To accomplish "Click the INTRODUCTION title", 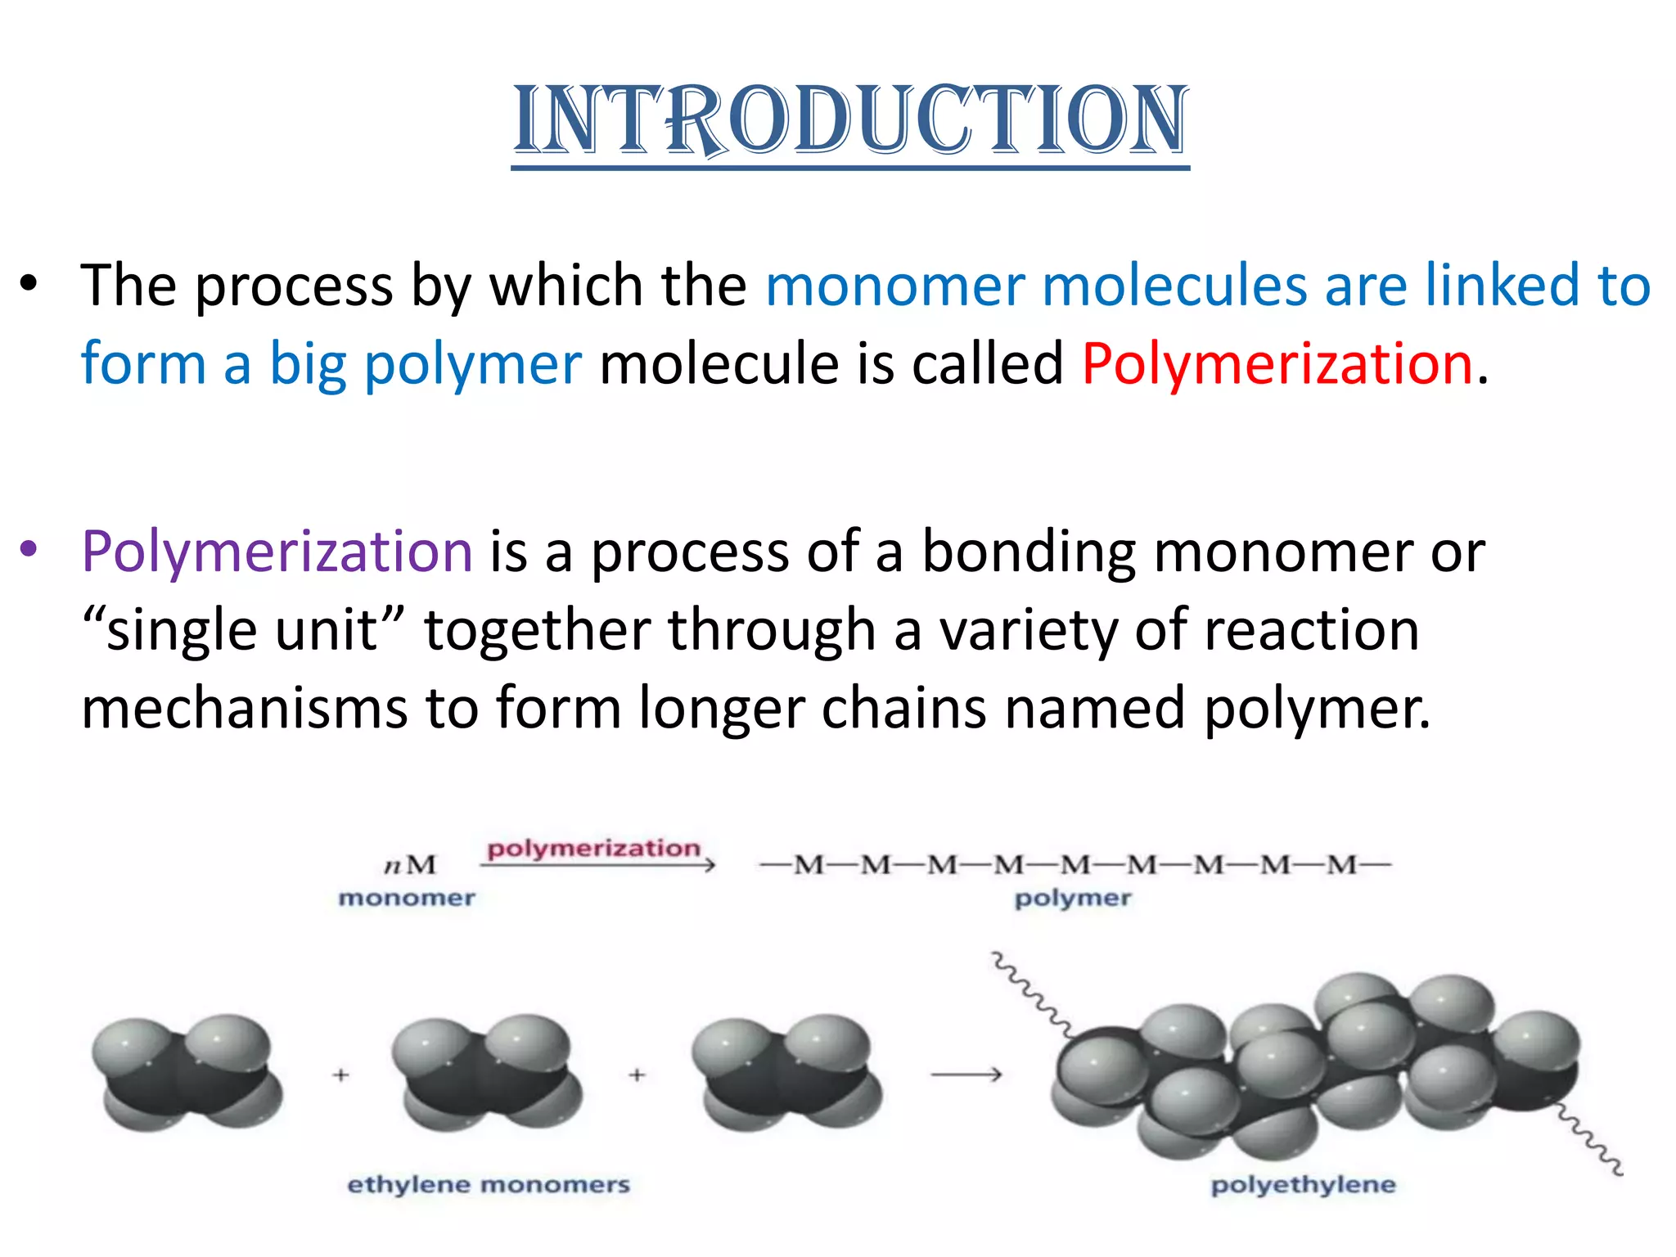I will coord(850,121).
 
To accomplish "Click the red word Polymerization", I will coord(1277,363).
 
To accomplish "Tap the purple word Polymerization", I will coord(277,551).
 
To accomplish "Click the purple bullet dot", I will coord(29,549).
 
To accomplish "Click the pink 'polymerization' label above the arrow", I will coord(593,848).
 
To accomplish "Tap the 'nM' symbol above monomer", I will coord(411,865).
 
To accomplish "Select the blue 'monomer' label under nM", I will coord(407,898).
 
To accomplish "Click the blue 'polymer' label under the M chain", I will coord(1073,898).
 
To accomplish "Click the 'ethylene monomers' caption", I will coord(489,1184).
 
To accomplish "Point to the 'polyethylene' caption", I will coord(1303,1184).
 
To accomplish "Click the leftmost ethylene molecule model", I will coord(187,1073).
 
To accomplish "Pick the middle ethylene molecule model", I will coord(488,1073).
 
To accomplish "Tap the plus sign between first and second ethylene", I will coord(341,1075).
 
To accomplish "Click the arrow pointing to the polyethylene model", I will coord(966,1075).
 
